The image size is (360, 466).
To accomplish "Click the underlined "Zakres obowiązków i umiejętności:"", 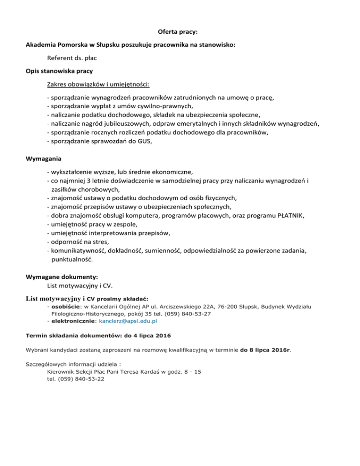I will pos(98,85).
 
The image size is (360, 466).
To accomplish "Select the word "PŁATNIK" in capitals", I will pos(290,215).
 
